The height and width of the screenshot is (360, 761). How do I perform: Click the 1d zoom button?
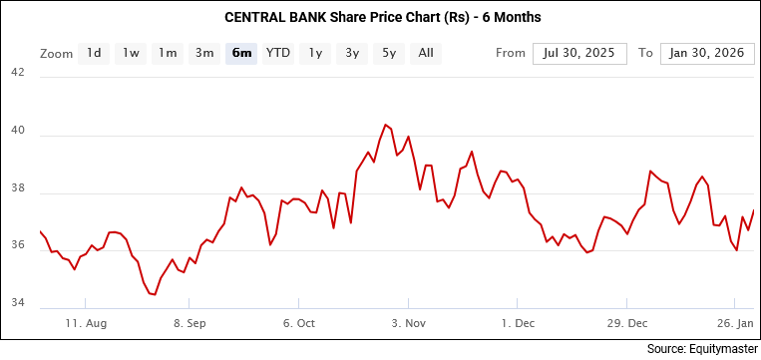pos(94,53)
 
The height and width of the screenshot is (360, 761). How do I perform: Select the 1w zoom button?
pos(131,53)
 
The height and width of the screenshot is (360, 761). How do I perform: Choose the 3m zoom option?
pos(204,53)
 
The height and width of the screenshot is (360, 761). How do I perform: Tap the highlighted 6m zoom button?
pos(241,53)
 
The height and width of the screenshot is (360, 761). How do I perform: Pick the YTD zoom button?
pos(278,53)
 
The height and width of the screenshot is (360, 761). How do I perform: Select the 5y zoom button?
pos(389,53)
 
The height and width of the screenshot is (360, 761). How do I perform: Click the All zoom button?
pos(426,53)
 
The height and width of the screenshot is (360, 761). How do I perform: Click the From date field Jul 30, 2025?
pos(579,53)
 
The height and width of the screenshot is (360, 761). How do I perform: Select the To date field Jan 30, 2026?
pos(706,53)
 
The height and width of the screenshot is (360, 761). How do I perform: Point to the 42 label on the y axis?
pos(18,72)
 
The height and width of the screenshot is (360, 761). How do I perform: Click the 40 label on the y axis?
pos(18,133)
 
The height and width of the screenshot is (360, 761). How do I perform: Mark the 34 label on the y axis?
pos(18,303)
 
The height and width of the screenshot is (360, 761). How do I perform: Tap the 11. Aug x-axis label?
pos(86,323)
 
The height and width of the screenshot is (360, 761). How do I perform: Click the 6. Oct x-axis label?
pos(299,323)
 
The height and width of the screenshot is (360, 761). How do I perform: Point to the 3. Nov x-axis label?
pos(409,323)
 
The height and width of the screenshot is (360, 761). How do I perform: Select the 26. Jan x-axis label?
pos(736,323)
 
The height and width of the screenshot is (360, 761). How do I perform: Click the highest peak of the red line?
pos(385,125)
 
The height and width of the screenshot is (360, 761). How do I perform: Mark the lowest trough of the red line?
pos(154,294)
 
